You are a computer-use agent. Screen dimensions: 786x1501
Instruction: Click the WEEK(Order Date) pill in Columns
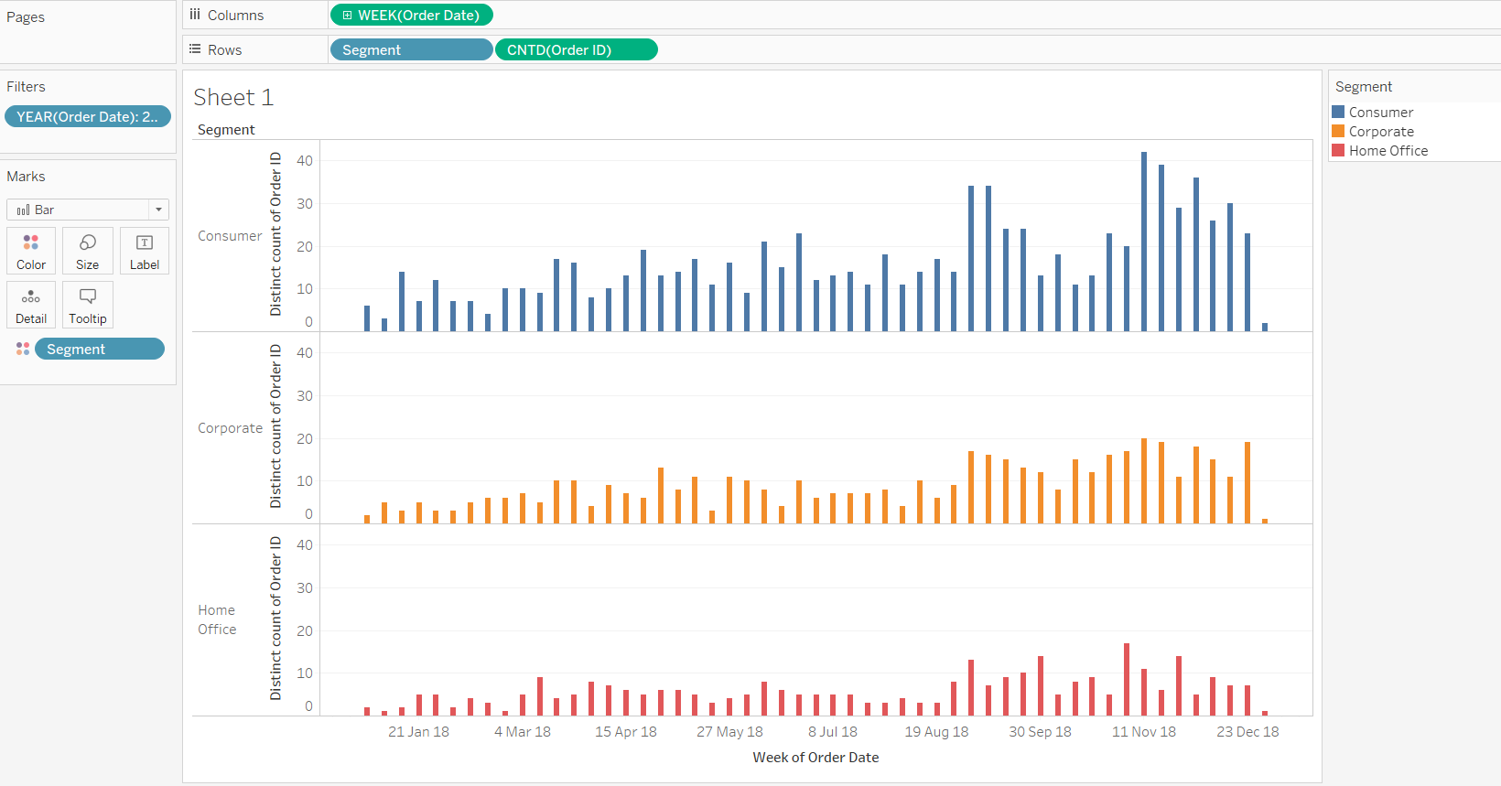(x=412, y=16)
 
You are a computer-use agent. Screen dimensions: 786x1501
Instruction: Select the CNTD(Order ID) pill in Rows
(x=576, y=50)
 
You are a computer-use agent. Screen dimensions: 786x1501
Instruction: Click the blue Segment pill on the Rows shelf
(x=410, y=50)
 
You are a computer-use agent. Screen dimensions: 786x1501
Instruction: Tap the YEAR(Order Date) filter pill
(x=87, y=117)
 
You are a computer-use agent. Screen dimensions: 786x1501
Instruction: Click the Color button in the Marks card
(x=31, y=251)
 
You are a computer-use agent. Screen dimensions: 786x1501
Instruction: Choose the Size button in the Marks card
(x=88, y=251)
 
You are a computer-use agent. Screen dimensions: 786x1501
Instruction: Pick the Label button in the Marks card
(x=145, y=251)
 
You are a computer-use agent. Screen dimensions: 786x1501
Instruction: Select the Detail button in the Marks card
(x=31, y=305)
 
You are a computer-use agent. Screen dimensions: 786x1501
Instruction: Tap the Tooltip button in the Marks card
(x=88, y=305)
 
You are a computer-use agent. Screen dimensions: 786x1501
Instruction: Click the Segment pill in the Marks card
(x=99, y=350)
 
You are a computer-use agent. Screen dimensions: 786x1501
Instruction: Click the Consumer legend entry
(x=1380, y=113)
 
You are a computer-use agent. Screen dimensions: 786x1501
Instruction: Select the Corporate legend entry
(x=1380, y=132)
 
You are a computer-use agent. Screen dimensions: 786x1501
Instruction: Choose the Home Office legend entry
(x=1388, y=151)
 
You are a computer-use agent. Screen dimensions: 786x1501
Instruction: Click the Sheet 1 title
(x=233, y=97)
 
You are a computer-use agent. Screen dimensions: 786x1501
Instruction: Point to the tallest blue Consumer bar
(x=1144, y=242)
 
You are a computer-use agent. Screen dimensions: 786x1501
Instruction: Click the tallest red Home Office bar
(x=1127, y=679)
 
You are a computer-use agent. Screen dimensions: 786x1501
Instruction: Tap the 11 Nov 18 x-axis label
(x=1143, y=732)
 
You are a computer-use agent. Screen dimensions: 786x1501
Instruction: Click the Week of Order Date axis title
(x=815, y=758)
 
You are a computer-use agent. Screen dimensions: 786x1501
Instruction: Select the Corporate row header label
(x=230, y=428)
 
